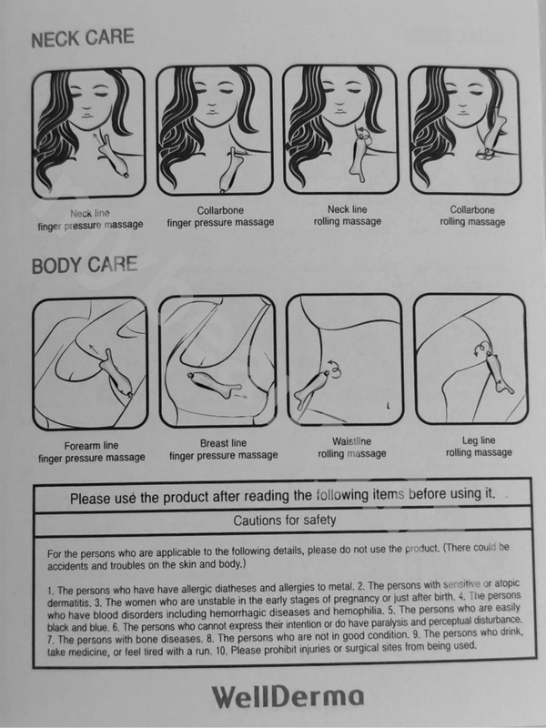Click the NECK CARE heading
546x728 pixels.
[x=83, y=38]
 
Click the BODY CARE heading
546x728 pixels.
[x=85, y=265]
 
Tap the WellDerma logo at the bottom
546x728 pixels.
[x=288, y=697]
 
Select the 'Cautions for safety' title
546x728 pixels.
[x=284, y=521]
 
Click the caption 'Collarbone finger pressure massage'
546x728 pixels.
[x=220, y=217]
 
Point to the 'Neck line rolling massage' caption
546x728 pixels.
[x=348, y=216]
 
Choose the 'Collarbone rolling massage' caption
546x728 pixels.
[x=472, y=216]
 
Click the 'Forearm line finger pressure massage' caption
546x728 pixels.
[x=92, y=451]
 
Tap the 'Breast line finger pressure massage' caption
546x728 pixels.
[x=223, y=450]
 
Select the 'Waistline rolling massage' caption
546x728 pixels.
[x=352, y=448]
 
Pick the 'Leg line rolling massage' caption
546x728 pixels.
[x=479, y=446]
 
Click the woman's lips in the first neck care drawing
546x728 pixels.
[x=87, y=114]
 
